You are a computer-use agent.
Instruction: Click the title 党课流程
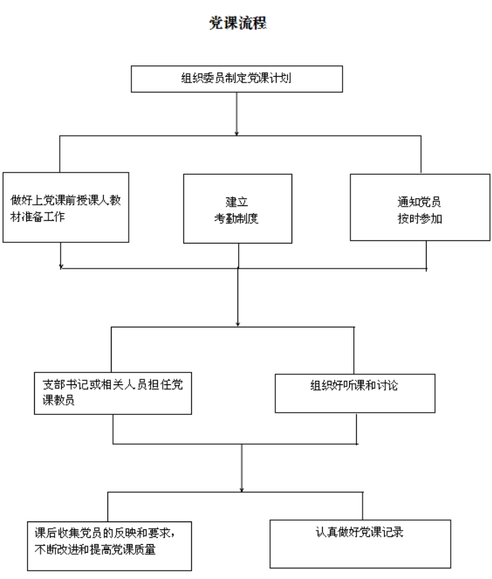237,23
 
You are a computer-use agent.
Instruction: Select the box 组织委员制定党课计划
237,79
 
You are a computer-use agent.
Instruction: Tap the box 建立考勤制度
237,209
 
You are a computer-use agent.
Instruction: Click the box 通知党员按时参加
420,207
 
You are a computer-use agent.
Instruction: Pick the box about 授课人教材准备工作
66,207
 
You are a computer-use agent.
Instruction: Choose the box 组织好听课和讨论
355,394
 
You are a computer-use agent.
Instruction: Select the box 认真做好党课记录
360,544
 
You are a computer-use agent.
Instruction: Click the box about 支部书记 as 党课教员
113,394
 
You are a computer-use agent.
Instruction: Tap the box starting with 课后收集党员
109,546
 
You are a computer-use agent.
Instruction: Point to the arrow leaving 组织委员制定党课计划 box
237,114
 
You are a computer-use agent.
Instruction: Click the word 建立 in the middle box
237,202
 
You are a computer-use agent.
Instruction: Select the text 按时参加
420,219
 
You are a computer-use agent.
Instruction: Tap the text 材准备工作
38,217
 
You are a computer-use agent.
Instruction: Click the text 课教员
58,400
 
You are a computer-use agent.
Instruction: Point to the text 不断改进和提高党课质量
95,549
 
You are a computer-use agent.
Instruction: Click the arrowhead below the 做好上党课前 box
61,266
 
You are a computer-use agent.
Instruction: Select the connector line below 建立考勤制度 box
238,256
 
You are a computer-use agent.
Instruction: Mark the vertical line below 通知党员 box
426,256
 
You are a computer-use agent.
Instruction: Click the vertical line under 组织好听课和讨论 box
356,428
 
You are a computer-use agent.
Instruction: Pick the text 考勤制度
236,219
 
